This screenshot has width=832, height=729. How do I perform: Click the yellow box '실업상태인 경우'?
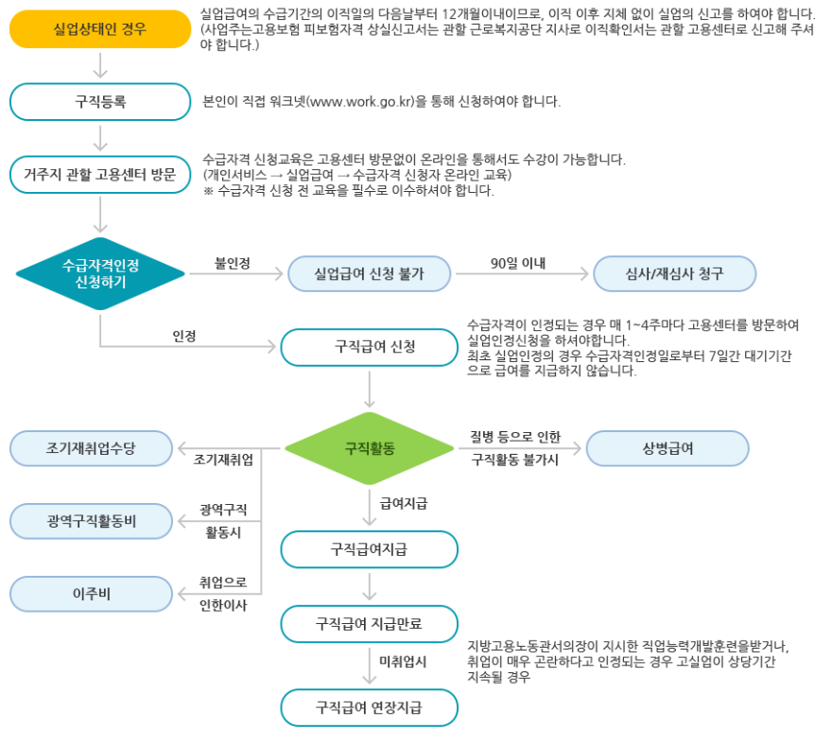pyautogui.click(x=100, y=29)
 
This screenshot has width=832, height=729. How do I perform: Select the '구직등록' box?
pyautogui.click(x=100, y=102)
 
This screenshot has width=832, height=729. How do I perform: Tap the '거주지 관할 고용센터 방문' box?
pyautogui.click(x=100, y=175)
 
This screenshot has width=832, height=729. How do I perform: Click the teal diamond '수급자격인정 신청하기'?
pyautogui.click(x=100, y=273)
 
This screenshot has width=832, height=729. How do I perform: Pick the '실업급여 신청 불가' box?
pyautogui.click(x=369, y=273)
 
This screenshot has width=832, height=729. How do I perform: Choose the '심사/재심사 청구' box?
pyautogui.click(x=675, y=273)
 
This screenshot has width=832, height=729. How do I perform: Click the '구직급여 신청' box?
pyautogui.click(x=369, y=347)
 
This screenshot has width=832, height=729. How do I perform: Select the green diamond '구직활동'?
pyautogui.click(x=369, y=448)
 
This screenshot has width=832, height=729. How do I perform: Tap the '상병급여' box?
pyautogui.click(x=667, y=448)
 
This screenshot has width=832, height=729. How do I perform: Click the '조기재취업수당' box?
pyautogui.click(x=91, y=448)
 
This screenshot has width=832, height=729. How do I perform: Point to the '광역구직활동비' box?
pyautogui.click(x=91, y=520)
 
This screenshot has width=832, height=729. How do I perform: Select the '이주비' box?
pyautogui.click(x=91, y=594)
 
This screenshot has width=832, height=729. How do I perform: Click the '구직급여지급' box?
pyautogui.click(x=369, y=549)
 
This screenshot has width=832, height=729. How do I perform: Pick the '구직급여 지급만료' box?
pyautogui.click(x=369, y=623)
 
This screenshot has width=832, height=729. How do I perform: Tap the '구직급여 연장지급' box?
pyautogui.click(x=369, y=706)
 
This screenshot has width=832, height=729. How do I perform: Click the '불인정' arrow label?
pyautogui.click(x=232, y=262)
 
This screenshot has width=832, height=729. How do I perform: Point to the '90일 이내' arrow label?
pyautogui.click(x=518, y=262)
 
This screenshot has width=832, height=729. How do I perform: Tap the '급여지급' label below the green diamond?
pyautogui.click(x=404, y=504)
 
